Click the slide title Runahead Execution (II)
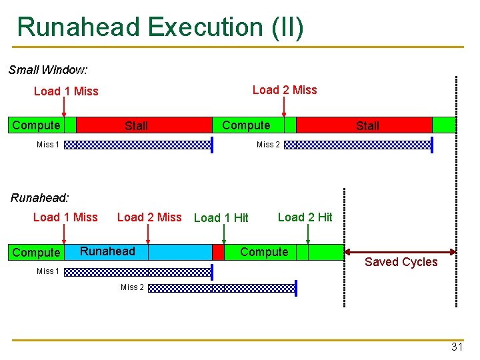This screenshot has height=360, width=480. (x=160, y=27)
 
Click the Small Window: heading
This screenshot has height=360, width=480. (x=48, y=69)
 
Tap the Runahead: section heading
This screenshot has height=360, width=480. (x=40, y=197)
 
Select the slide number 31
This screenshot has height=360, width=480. (x=457, y=347)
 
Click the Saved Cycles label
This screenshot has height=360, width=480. (x=401, y=262)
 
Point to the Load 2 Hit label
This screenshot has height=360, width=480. (x=305, y=217)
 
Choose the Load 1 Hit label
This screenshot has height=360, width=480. (x=221, y=218)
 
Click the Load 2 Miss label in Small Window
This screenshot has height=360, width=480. (x=285, y=90)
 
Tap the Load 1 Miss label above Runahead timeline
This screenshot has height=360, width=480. (x=65, y=217)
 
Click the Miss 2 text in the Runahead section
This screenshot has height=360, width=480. (x=132, y=287)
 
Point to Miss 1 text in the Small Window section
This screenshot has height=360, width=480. (x=48, y=145)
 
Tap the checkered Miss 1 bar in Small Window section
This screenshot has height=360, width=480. (x=137, y=145)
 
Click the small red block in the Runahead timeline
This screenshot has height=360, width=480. (x=218, y=252)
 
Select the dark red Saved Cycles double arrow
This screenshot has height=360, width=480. (x=400, y=251)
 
